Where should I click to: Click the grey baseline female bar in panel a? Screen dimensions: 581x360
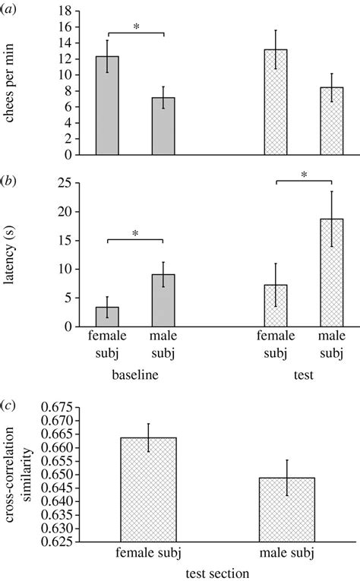(x=106, y=106)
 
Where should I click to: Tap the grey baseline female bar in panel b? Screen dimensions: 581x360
(x=106, y=317)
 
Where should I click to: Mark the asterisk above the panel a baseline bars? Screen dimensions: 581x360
(x=135, y=27)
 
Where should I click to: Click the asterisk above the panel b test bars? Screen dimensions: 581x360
(x=304, y=175)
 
